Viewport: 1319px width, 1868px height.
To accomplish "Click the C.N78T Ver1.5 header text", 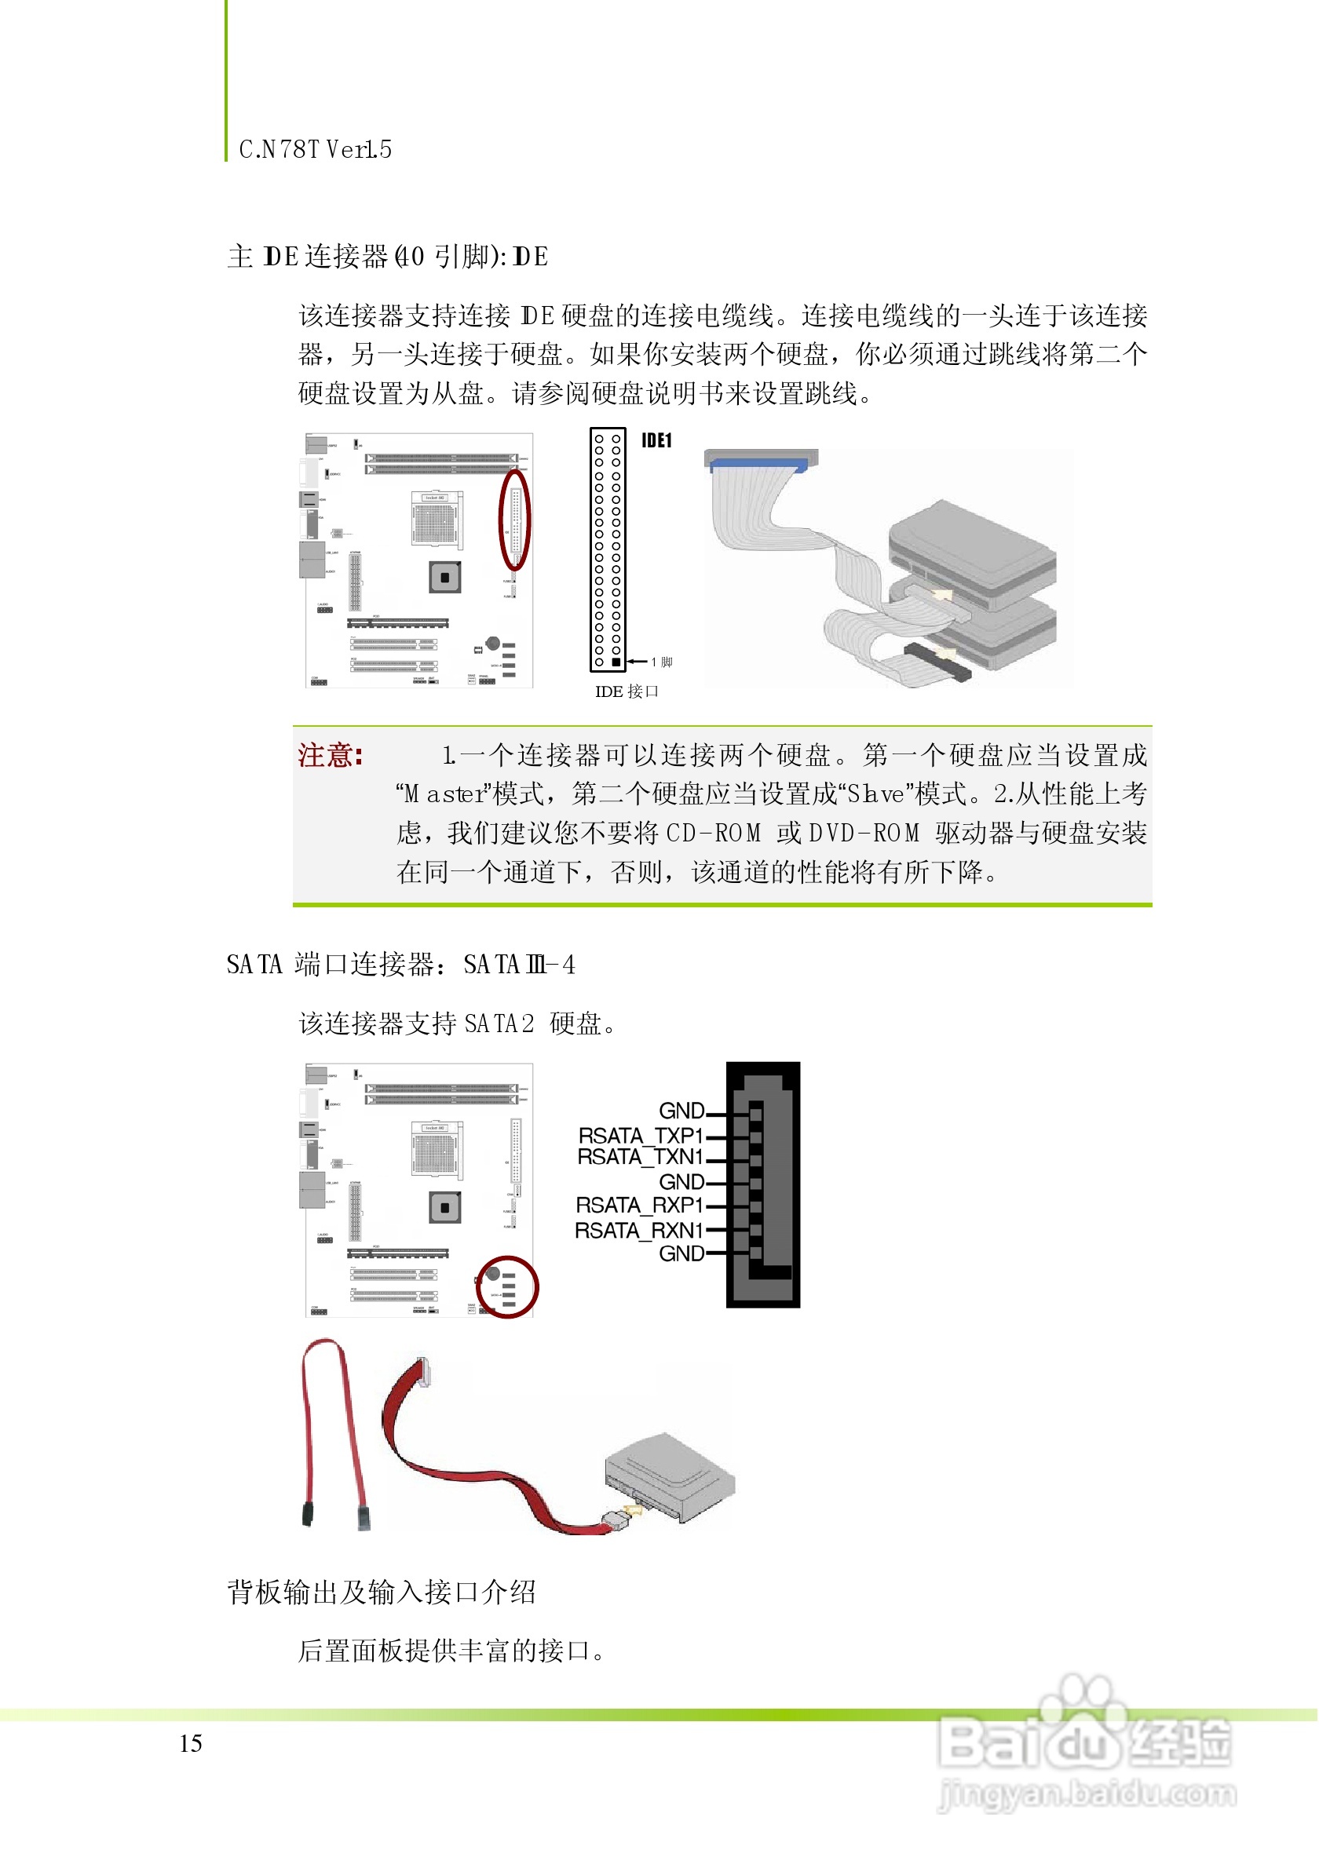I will pos(316,150).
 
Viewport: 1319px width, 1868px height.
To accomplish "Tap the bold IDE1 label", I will pos(656,441).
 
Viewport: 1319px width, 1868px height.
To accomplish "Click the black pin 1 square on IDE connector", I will pos(617,662).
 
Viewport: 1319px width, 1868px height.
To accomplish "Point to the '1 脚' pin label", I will pos(663,662).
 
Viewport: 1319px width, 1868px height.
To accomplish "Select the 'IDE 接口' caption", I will pos(627,692).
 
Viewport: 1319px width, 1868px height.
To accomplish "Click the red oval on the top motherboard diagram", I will pos(515,519).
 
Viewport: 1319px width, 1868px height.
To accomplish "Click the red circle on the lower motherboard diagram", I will pos(507,1287).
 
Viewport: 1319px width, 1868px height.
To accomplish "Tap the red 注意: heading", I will pos(331,756).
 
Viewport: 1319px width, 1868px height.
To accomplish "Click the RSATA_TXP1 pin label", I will pos(641,1136).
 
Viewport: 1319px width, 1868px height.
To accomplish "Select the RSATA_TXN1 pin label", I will pos(641,1157).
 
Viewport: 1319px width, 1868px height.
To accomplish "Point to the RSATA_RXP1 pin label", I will pos(640,1206).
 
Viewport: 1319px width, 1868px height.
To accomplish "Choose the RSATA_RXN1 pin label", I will pos(639,1231).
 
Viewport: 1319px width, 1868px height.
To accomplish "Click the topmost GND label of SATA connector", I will pos(681,1111).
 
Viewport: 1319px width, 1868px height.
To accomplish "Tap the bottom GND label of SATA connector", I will pos(681,1253).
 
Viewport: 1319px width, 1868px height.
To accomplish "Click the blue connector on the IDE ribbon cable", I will pos(758,465).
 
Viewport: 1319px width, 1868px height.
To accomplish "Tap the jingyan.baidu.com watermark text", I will pos(1087,1794).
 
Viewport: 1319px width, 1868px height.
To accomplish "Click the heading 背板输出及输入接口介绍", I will pos(382,1593).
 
